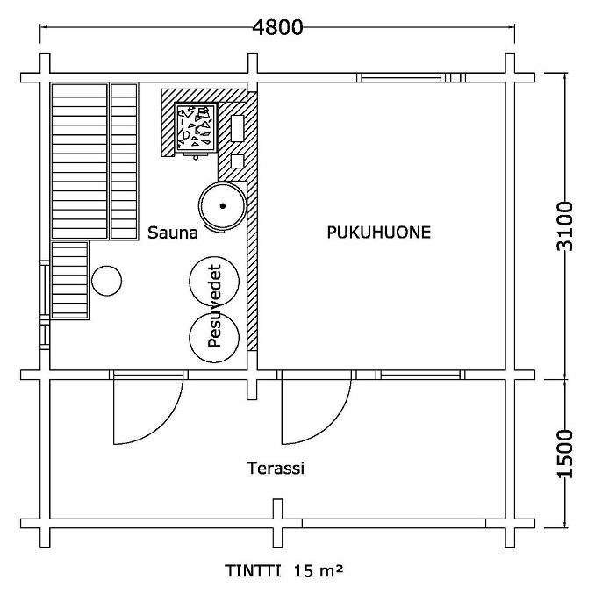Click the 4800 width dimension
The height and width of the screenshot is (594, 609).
277,27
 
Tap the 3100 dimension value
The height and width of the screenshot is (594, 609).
565,226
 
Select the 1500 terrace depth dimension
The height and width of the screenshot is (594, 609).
565,454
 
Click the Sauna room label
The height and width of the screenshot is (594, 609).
173,233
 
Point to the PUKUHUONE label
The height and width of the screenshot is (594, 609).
379,233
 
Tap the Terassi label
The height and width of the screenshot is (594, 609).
276,469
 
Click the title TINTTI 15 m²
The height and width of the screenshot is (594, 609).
284,571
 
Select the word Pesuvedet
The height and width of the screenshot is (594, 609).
214,305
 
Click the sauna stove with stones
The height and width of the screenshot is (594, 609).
196,126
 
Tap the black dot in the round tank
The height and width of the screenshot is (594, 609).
223,206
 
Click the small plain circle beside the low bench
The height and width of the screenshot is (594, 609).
107,281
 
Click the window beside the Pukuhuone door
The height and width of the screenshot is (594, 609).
420,375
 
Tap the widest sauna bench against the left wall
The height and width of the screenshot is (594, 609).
80,161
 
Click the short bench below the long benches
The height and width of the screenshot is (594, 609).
70,280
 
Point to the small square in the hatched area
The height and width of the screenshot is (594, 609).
237,161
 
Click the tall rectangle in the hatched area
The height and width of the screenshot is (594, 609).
237,128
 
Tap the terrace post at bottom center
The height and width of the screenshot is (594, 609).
277,523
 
